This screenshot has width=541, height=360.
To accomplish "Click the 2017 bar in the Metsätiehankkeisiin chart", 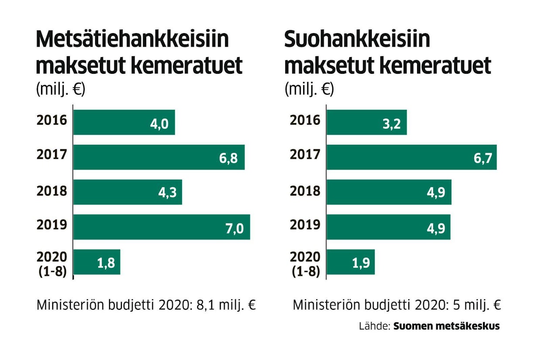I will point(159,157).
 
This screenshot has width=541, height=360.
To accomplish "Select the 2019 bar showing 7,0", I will point(161,227).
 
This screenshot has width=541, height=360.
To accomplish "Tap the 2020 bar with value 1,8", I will point(97,262).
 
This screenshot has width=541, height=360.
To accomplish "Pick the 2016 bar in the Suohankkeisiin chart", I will point(366,122).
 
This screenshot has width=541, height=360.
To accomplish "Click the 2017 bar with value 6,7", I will point(411,157).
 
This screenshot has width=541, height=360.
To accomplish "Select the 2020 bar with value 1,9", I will point(351,262).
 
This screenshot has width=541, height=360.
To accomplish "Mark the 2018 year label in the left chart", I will point(51,191).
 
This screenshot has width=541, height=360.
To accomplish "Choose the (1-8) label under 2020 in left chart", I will point(51,271).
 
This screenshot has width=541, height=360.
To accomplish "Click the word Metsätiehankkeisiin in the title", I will point(132,40).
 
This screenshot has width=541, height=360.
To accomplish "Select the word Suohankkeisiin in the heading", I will point(357,40).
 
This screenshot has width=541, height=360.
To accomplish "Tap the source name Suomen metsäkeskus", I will point(447,326).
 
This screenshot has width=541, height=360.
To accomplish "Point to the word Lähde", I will point(374,326).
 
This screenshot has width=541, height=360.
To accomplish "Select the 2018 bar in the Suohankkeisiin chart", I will point(389,192).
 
